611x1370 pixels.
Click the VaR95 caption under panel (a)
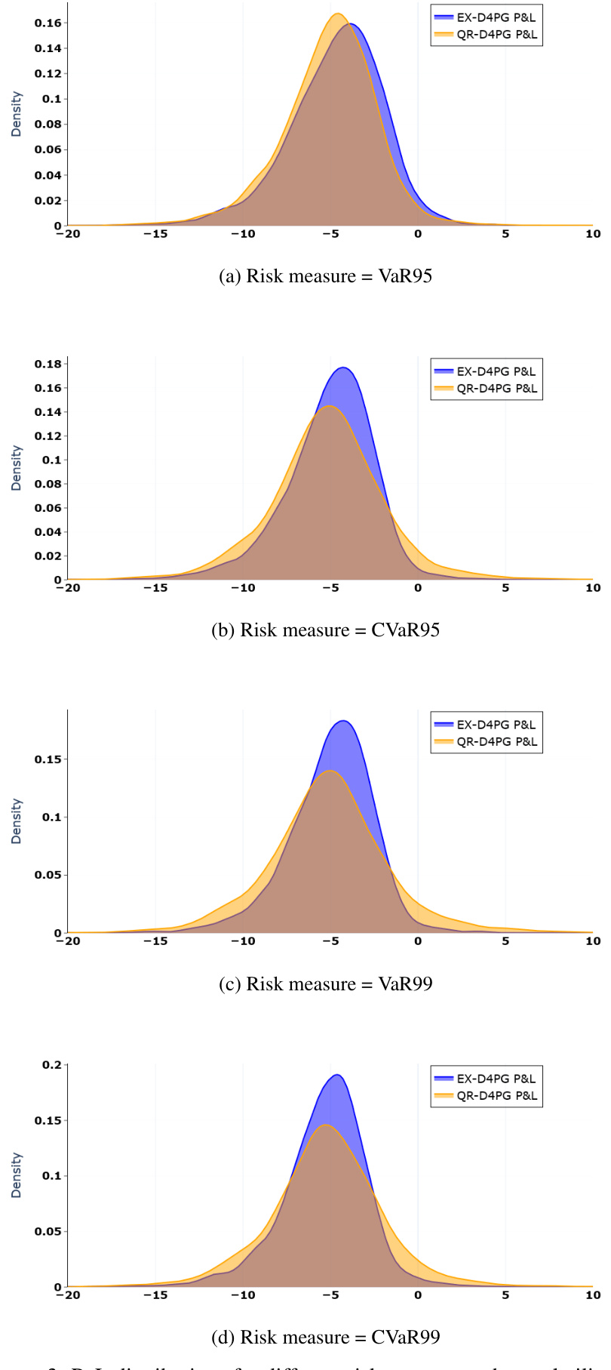325,276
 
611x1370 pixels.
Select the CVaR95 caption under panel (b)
325,630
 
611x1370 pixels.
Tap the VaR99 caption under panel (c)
325,984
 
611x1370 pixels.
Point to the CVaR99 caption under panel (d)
325,1337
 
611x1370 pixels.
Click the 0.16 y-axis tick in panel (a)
48,23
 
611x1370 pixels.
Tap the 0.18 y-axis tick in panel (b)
48,364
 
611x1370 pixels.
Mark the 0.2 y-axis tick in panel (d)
52,1065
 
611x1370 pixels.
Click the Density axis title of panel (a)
17,114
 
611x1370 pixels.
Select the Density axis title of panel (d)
17,1175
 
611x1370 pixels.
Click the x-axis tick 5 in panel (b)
505,588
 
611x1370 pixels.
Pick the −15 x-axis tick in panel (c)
155,941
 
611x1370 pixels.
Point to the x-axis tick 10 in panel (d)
593,1295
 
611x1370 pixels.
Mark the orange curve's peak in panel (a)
338,14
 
